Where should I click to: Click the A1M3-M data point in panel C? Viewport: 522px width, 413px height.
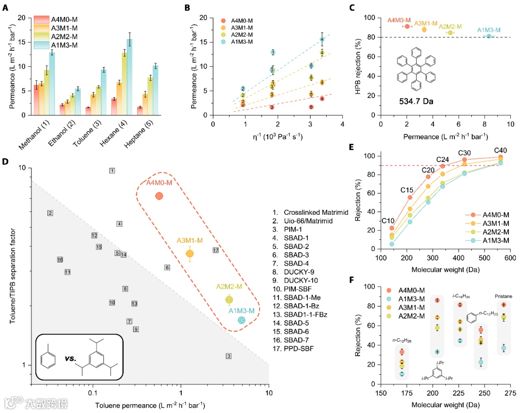[x=489, y=36]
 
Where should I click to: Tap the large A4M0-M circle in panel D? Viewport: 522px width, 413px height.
[x=159, y=196]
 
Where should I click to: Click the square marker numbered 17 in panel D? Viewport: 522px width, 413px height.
[x=216, y=250]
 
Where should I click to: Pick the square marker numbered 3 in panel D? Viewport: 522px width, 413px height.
[x=229, y=356]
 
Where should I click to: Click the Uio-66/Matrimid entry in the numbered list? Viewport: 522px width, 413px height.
[x=309, y=221]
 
